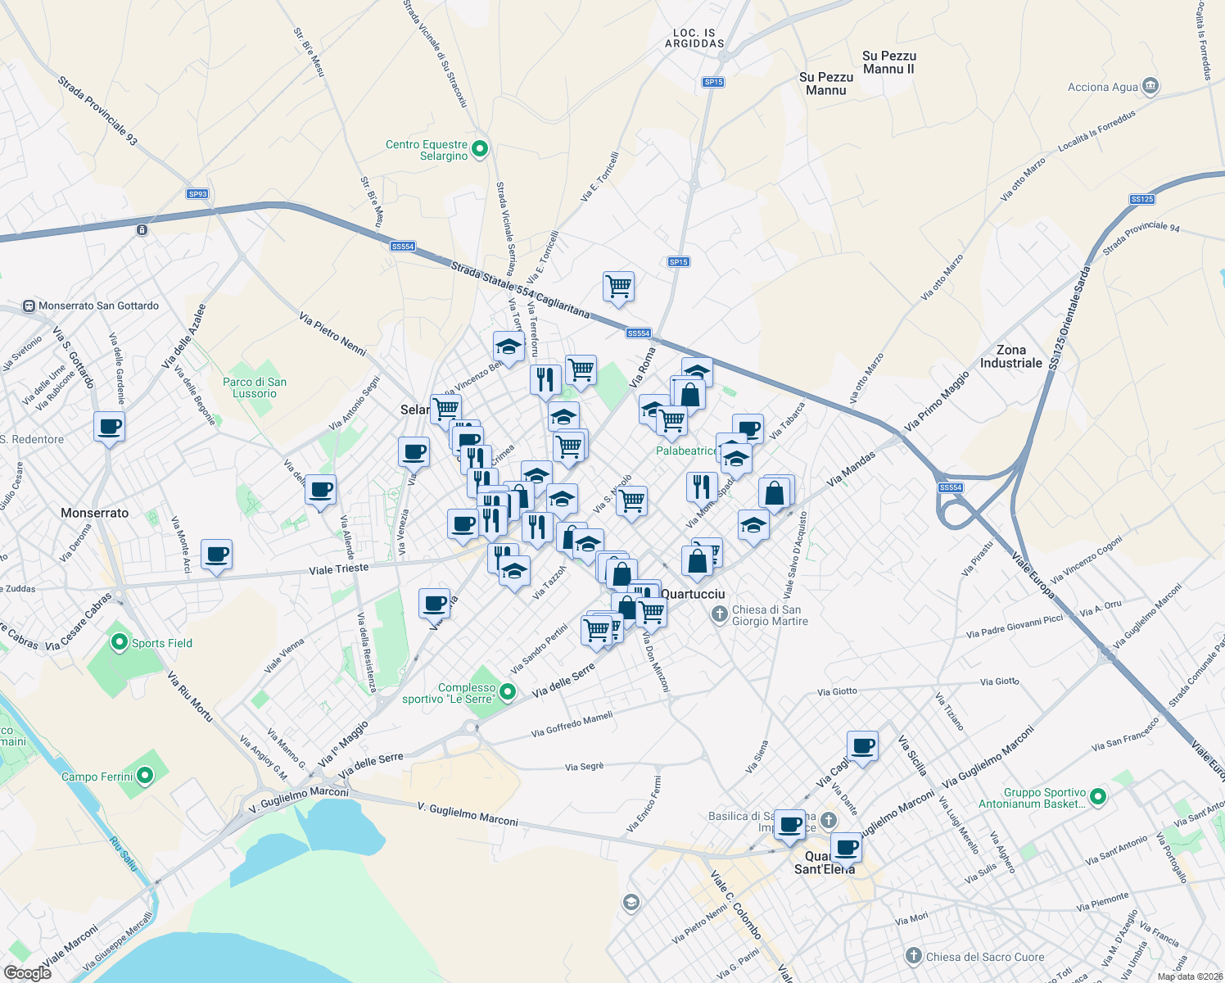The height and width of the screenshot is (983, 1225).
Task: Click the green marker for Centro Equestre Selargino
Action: tap(481, 149)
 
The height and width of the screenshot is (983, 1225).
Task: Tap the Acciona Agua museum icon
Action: tap(1150, 86)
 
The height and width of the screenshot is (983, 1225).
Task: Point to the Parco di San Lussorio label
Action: tap(255, 387)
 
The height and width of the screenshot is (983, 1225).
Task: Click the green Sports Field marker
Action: tap(120, 642)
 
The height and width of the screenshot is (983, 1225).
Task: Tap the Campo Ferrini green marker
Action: tap(145, 775)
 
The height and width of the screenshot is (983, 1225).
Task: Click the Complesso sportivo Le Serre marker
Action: tap(508, 692)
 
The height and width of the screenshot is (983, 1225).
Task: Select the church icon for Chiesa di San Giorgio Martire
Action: tap(719, 614)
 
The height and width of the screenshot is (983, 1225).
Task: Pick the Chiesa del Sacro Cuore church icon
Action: tap(914, 956)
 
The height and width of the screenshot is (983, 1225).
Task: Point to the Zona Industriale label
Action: tap(1011, 356)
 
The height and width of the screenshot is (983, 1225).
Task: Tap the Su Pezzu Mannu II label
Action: tap(889, 62)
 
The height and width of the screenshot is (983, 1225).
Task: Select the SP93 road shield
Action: tap(197, 194)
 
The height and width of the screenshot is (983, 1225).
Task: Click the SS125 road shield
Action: tap(1141, 199)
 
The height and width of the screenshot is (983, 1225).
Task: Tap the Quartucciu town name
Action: tap(693, 594)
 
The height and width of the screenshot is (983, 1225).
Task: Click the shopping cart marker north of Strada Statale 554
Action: tap(618, 287)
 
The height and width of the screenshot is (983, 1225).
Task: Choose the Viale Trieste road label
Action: tap(338, 569)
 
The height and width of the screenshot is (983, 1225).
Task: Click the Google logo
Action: tap(28, 973)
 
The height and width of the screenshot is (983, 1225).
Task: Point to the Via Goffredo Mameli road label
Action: tap(572, 724)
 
